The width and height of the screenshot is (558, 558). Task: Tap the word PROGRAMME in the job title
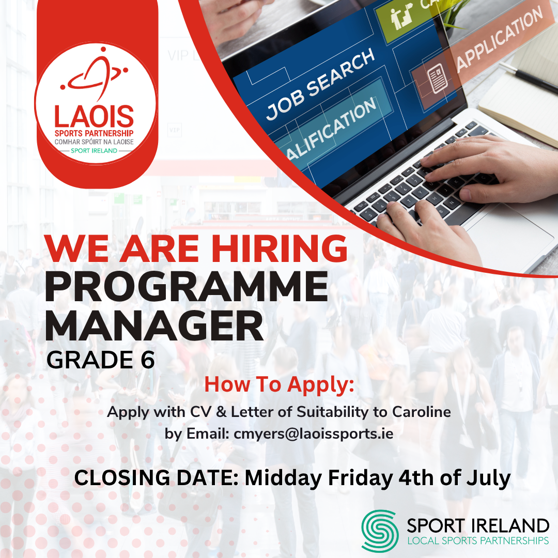(186, 287)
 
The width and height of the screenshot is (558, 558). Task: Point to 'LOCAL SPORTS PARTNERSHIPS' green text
(478, 541)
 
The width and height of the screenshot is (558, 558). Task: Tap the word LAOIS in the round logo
(94, 117)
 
